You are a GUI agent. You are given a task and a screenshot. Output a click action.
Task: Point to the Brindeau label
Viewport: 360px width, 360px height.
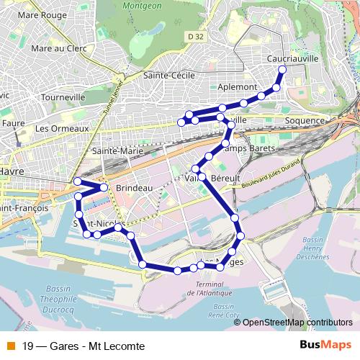pyautogui.click(x=134, y=188)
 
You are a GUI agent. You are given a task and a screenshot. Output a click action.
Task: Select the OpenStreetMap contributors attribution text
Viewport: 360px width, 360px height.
pyautogui.click(x=297, y=323)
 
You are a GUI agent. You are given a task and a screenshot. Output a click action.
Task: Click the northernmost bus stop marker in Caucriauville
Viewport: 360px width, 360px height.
pyautogui.click(x=282, y=70)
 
